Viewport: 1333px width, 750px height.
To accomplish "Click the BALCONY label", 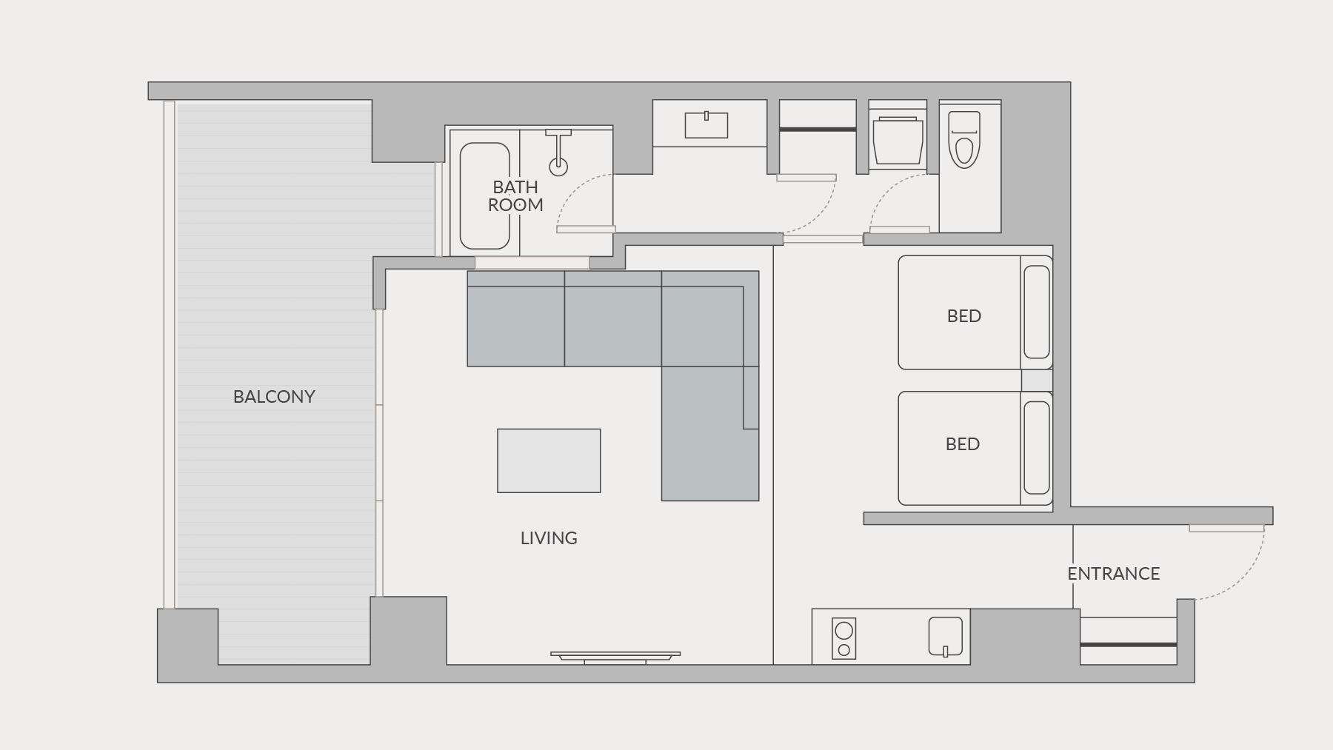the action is pos(274,397).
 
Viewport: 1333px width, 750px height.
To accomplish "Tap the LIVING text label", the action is pos(549,538).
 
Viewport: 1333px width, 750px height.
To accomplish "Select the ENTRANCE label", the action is pos(1113,574).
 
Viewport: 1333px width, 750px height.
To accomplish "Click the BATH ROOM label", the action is pos(515,196).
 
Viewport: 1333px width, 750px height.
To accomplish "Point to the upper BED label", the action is pos(964,316).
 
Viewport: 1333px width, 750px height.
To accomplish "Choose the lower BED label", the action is pos(963,444).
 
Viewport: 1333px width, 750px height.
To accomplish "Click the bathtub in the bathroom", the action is pos(485,195).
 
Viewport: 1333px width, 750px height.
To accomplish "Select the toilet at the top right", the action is pos(964,140).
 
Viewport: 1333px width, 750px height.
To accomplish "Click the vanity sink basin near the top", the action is pos(706,125).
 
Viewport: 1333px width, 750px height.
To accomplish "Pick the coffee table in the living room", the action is pos(549,461).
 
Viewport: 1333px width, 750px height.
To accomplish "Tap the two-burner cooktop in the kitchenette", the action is pos(843,638).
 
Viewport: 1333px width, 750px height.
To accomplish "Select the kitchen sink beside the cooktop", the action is pos(946,637).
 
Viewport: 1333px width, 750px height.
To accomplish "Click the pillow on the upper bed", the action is pos(1037,312).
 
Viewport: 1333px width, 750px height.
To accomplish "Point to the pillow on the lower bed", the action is pos(1037,448).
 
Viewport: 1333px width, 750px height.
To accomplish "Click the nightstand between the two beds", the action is pos(1037,381).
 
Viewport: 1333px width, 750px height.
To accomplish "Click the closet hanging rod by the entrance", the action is pos(1129,645).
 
